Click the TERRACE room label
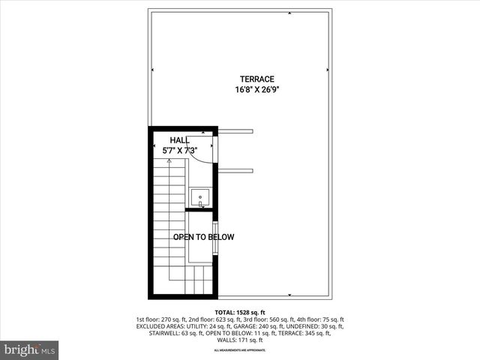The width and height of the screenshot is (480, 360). tap(257, 79)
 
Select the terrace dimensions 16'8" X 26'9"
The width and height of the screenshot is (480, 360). tap(257, 89)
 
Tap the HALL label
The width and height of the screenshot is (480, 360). tap(179, 140)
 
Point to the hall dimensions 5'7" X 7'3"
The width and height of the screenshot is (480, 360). tap(180, 150)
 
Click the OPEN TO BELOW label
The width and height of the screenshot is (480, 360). tap(203, 237)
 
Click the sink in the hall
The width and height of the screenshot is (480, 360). tap(200, 197)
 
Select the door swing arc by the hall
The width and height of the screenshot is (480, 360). tap(202, 154)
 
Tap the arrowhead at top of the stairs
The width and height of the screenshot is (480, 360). tap(169, 160)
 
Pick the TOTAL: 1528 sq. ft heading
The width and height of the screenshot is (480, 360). tap(240, 312)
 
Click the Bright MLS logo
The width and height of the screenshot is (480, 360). tap(30, 349)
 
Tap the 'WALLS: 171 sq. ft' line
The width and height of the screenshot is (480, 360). tap(240, 340)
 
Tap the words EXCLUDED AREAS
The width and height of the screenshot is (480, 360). tap(160, 326)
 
